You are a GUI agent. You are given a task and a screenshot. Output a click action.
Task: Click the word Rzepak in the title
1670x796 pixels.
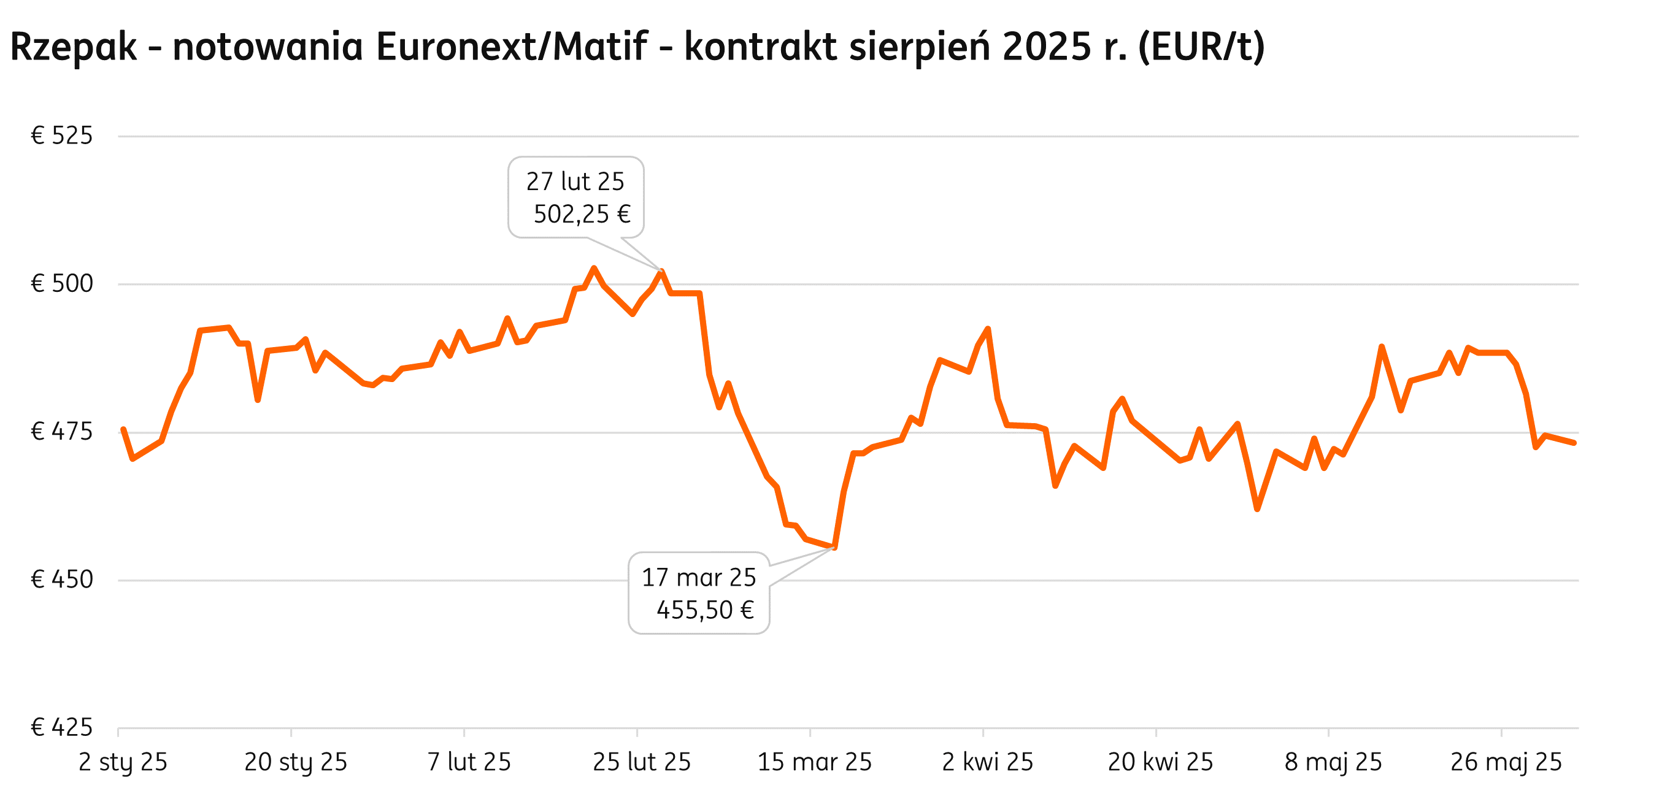point(73,47)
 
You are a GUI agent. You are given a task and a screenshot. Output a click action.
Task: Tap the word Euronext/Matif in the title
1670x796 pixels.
point(511,47)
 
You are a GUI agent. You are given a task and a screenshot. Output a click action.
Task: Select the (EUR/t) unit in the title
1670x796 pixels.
point(1201,47)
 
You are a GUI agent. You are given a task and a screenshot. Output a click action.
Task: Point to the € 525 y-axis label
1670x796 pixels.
point(62,136)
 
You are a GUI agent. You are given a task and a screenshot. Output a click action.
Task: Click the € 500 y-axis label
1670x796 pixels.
point(62,284)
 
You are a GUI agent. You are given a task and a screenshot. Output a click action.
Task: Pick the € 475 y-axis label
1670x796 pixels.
point(62,432)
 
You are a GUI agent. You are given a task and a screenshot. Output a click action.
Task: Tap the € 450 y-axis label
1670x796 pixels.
point(62,580)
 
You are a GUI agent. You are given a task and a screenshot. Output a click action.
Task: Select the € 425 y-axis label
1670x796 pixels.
point(62,727)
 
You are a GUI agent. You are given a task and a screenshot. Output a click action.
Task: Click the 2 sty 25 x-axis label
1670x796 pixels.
point(123,762)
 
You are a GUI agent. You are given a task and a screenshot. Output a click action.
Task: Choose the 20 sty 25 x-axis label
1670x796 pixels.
point(296,762)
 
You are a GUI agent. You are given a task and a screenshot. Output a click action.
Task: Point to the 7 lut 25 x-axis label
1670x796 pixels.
point(469,762)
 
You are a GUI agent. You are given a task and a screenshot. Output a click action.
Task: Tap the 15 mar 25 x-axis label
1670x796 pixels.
point(815,762)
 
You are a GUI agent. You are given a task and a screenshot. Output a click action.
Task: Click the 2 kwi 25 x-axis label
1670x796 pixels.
point(987,762)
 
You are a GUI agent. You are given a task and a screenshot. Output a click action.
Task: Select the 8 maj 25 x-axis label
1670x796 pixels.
point(1334,762)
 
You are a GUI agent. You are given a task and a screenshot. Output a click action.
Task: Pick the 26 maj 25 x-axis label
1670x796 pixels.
point(1506,762)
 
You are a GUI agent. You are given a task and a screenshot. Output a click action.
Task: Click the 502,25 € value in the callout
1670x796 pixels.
point(582,215)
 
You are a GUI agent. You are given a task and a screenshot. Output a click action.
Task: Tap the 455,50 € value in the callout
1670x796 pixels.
point(705,610)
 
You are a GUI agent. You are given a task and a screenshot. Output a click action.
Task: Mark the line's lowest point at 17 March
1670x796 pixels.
point(834,548)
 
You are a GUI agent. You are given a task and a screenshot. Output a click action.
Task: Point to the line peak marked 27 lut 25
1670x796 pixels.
point(661,271)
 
